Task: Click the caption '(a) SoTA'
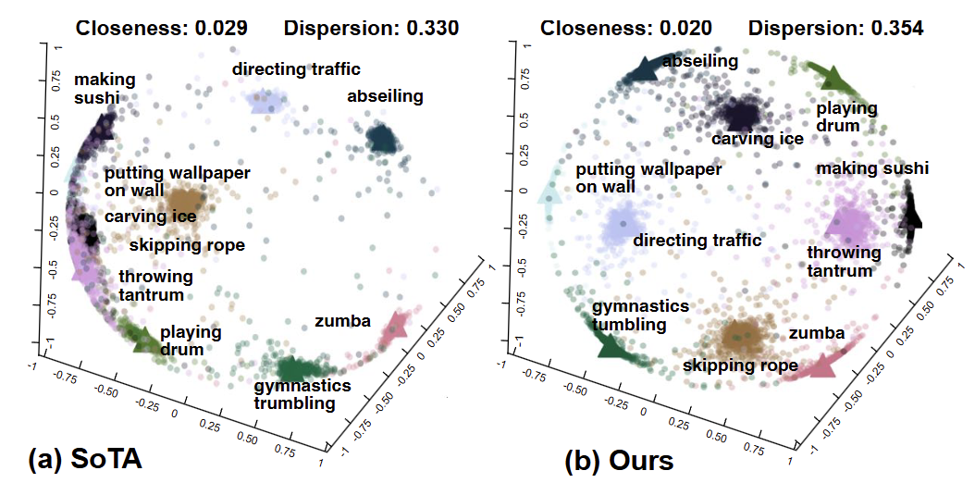[x=86, y=459]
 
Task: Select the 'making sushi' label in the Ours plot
[x=872, y=168]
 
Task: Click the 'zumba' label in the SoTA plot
[x=342, y=321]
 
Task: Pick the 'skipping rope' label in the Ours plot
[x=740, y=365]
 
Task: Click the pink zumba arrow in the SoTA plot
[x=397, y=327]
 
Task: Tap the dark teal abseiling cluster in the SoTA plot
[x=380, y=139]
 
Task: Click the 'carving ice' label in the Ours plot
[x=757, y=139]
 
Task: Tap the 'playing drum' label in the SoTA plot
[x=191, y=340]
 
